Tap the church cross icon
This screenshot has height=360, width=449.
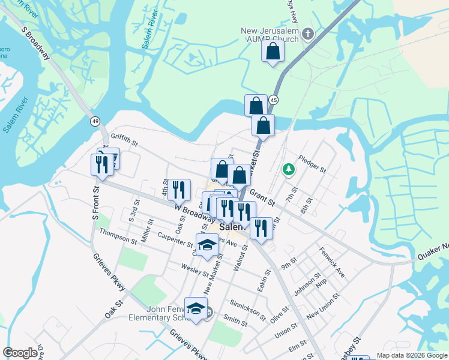coord(308,32)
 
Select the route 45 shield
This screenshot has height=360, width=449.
coord(273,100)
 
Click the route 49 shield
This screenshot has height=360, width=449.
coord(95,121)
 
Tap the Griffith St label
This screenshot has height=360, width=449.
coord(124,144)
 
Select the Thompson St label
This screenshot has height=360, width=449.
coord(118,236)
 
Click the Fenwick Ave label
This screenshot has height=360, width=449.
coord(332,262)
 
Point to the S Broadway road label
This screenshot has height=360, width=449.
coord(35,43)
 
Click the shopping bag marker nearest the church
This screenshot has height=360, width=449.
coord(273,53)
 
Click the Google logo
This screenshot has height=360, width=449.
coord(20,353)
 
